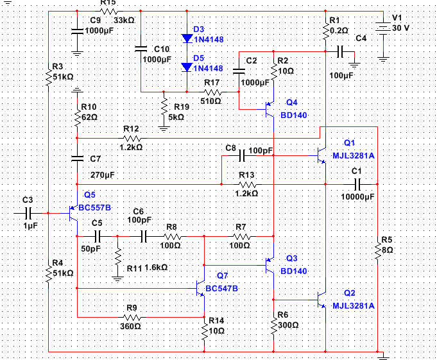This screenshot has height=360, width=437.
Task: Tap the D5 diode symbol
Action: pos(187,67)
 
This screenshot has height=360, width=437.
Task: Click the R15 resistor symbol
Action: pos(108,12)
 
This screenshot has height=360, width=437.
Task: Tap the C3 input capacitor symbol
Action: pos(28,211)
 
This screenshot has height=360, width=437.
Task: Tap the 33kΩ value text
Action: pos(123,21)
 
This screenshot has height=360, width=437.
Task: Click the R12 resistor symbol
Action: pos(132,137)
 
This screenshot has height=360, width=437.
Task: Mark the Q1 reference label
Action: pos(349,142)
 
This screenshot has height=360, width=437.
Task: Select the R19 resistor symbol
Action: pos(164,107)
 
